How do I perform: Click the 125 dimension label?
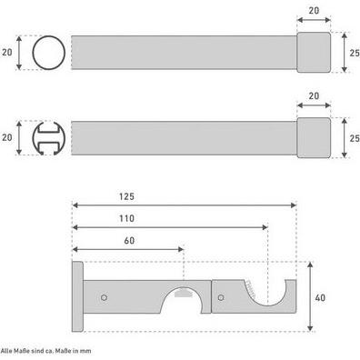coord(126,196)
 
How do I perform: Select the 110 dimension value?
coord(126,218)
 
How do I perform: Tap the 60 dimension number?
coord(129,241)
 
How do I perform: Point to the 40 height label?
coord(320,298)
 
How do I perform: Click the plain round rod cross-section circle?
coord(33,53)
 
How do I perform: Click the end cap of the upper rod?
coord(314,53)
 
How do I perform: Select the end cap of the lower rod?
coord(314,138)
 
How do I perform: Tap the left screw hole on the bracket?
coord(104,297)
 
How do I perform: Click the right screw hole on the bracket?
coord(221,297)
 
